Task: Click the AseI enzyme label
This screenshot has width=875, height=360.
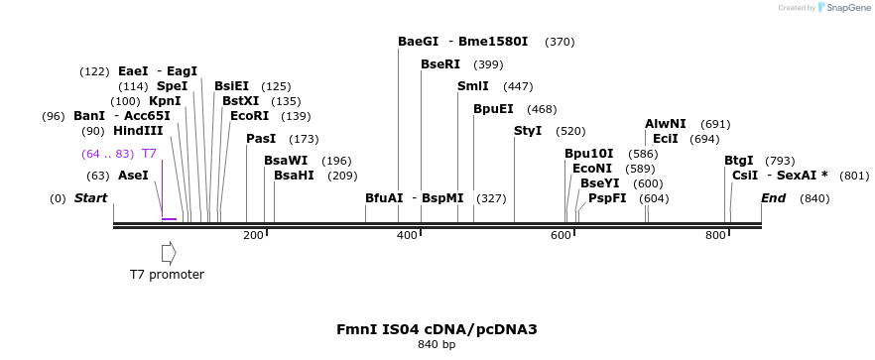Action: point(133,176)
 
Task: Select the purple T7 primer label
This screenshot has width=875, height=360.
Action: point(149,154)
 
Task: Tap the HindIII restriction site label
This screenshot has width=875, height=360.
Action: point(138,131)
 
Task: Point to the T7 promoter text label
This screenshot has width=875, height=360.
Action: point(167,275)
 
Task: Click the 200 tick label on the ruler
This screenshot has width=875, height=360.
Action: point(253,235)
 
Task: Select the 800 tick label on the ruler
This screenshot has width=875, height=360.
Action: point(715,235)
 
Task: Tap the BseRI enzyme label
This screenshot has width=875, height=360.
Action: point(440,64)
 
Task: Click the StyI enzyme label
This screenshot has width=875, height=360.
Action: point(528,131)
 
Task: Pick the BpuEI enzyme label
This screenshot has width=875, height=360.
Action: point(493,109)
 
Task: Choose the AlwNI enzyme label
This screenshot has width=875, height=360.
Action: point(665,124)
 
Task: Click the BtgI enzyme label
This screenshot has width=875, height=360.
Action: point(738,161)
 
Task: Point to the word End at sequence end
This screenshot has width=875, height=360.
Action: point(773,198)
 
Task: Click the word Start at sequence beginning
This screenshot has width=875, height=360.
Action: point(90,198)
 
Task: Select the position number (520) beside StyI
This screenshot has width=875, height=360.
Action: point(570,131)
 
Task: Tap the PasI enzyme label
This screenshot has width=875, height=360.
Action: point(261,139)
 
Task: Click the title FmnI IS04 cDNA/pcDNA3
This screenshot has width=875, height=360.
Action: point(437,329)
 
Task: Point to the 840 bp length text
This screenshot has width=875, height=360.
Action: point(437,345)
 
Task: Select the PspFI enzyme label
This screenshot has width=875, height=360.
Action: point(607,198)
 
